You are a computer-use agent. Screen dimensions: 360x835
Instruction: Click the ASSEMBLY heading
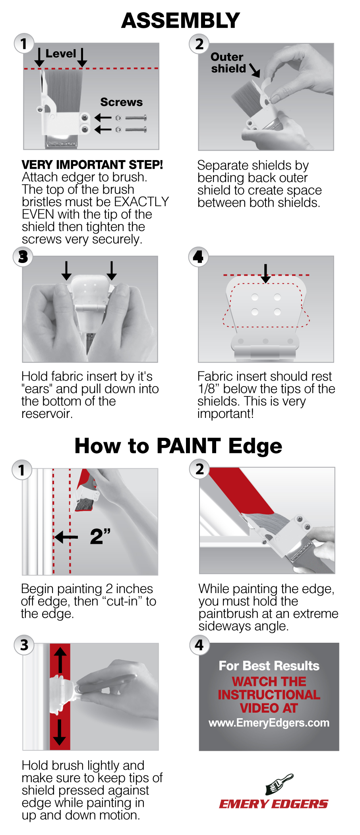point(180,21)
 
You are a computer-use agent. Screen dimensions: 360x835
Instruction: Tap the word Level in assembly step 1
point(60,54)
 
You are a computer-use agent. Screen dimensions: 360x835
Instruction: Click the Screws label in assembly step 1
point(121,102)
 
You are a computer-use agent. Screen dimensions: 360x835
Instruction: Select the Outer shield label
point(228,63)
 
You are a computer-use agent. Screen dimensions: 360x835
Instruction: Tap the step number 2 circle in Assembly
point(199,44)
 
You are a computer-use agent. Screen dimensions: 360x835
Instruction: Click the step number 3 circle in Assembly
point(23,257)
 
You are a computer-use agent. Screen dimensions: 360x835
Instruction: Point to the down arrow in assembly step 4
point(266,274)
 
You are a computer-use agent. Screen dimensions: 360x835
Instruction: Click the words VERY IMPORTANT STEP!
point(92,164)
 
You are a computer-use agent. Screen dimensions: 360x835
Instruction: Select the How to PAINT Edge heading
point(178,446)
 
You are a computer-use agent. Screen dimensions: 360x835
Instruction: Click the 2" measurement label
point(100,536)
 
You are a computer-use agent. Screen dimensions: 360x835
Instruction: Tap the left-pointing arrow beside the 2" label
point(66,537)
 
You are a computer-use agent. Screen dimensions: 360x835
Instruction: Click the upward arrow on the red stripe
point(60,660)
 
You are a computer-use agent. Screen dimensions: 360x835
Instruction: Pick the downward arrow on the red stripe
point(60,732)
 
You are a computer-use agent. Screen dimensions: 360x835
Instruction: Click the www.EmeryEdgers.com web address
point(269,723)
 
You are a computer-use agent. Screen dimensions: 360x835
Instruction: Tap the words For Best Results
point(269,666)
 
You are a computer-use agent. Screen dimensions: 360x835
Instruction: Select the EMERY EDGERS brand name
point(273,804)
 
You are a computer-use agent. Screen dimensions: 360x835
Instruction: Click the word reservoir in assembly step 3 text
point(47,414)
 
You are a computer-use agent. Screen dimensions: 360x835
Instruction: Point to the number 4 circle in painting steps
point(199,644)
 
